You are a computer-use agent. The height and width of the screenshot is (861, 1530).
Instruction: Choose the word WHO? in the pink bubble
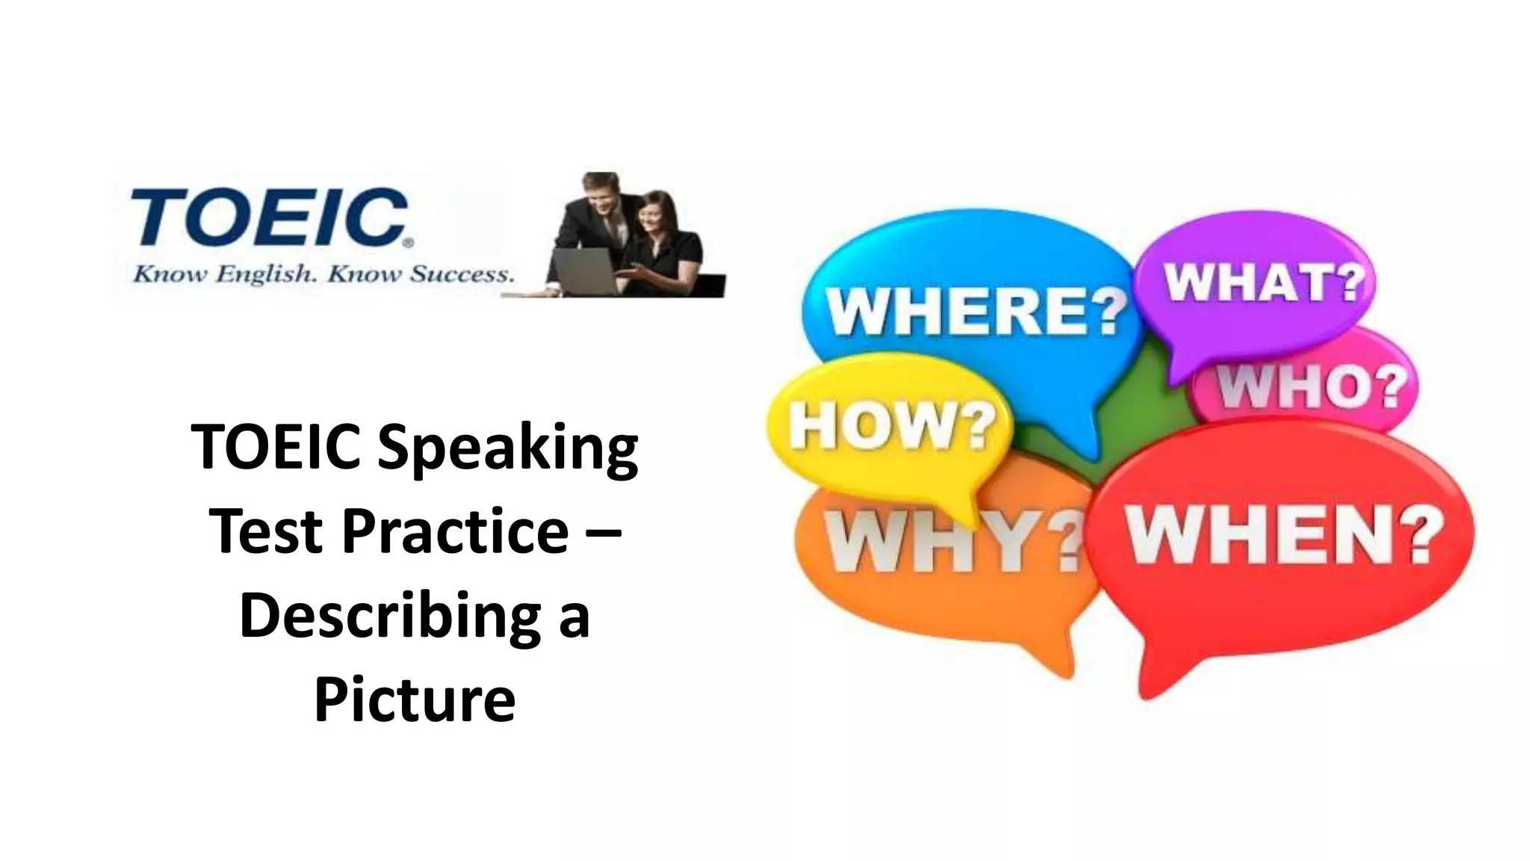pyautogui.click(x=1311, y=386)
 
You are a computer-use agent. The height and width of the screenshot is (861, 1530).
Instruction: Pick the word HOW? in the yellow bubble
pyautogui.click(x=893, y=426)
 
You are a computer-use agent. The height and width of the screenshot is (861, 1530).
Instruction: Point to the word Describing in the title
pyautogui.click(x=388, y=617)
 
